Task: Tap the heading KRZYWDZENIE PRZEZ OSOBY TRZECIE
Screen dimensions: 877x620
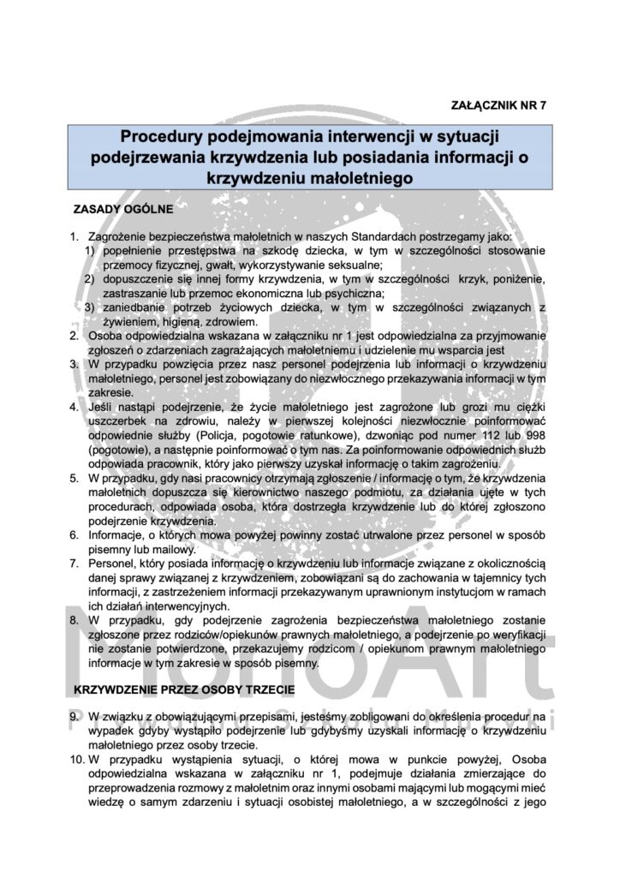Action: (186, 689)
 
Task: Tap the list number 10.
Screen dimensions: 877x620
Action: (77, 757)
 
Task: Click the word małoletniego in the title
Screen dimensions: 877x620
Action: (353, 178)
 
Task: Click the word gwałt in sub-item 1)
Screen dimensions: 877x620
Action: (210, 264)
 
